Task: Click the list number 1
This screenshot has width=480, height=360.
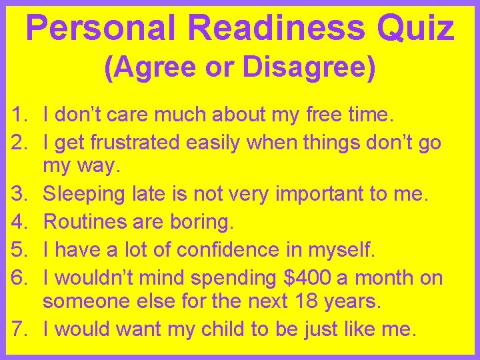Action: [19, 115]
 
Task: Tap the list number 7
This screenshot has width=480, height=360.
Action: [19, 329]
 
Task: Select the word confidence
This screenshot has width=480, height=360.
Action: [233, 249]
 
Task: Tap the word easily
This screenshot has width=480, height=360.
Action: [224, 142]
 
